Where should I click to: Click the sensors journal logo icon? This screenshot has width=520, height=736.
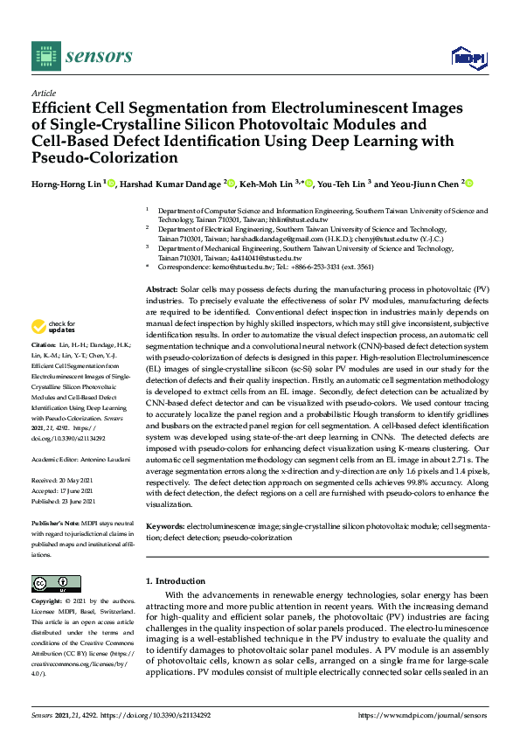point(45,57)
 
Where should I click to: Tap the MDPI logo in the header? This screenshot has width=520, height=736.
point(468,58)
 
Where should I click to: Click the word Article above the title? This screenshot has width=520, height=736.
point(43,93)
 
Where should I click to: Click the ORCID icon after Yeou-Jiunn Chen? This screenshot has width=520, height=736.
point(469,184)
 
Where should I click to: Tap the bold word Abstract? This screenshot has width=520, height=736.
point(161,288)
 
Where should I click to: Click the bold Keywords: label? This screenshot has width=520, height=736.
point(164,527)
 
